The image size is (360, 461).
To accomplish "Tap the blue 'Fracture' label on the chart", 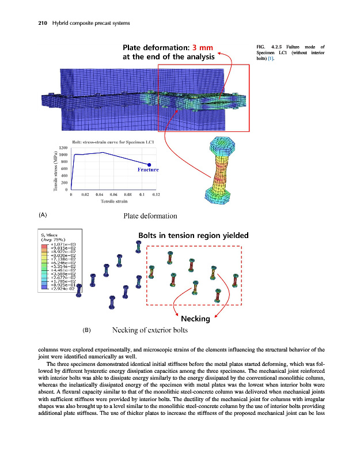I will tap(148, 169).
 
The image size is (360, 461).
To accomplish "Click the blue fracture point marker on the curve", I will tap(149, 164).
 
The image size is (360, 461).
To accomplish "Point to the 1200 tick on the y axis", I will tap(63, 148).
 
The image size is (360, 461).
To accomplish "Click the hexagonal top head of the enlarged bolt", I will tap(221, 144).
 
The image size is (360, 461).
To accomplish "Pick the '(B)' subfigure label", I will tap(87, 331).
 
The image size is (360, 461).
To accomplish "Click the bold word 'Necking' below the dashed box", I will tap(195, 319).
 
